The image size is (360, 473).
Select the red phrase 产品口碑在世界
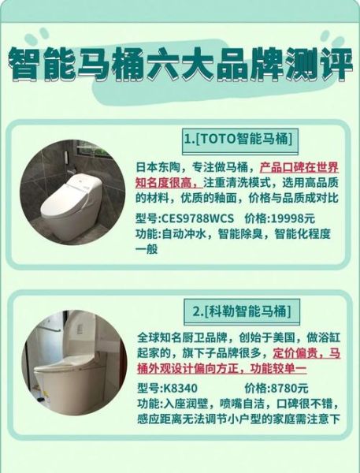(299, 168)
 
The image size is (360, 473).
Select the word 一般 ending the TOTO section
(148, 249)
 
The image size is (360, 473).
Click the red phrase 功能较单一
(275, 368)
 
